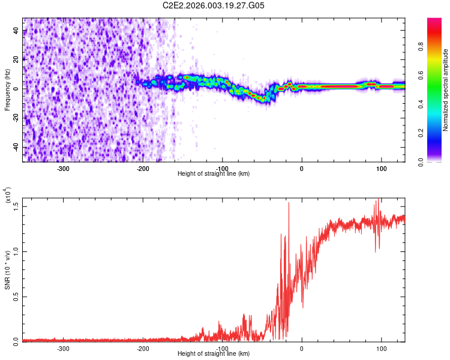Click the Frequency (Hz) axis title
click(x=7, y=91)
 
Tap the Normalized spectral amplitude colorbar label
click(x=446, y=91)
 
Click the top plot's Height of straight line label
click(x=214, y=173)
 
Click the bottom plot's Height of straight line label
click(x=214, y=353)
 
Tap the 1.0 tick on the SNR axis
click(x=15, y=251)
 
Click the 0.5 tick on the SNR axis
click(x=15, y=296)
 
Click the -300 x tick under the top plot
click(x=64, y=167)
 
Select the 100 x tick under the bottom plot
click(x=381, y=347)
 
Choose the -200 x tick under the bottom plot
click(x=143, y=347)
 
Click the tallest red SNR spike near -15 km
click(x=289, y=204)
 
